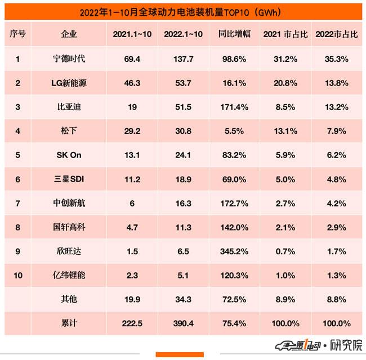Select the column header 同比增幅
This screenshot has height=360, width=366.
[232, 34]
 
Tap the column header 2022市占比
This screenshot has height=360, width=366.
[337, 34]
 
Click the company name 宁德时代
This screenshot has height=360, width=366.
[70, 58]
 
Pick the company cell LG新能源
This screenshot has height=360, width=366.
[70, 83]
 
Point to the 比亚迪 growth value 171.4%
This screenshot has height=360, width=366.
[232, 107]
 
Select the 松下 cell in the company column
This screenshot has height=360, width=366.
[70, 131]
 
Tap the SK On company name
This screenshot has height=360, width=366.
[70, 155]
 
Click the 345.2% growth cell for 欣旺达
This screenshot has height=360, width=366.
[232, 251]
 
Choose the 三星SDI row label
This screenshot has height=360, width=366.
[70, 179]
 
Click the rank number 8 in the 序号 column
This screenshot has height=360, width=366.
[18, 227]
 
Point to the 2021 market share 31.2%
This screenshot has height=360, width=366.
[285, 58]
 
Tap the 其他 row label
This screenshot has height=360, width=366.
[70, 299]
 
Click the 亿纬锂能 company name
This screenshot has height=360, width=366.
[70, 276]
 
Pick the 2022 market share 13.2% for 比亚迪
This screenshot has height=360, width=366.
[337, 107]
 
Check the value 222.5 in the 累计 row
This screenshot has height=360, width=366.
[132, 323]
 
